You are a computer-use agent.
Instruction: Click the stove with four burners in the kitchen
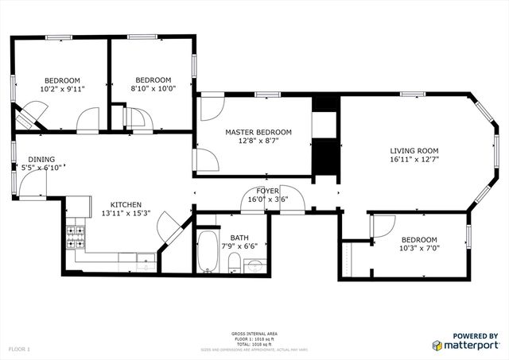[x=76, y=235]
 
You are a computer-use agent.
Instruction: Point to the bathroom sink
[x=254, y=266]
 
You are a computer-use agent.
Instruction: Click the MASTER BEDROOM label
[x=258, y=132]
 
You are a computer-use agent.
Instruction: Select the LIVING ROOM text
[x=414, y=151]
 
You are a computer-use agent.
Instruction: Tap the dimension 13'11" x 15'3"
[x=130, y=214]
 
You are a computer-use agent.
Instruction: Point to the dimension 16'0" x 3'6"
[x=267, y=199]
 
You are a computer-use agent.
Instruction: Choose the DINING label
[x=41, y=159]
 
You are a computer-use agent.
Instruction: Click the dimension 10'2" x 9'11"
[x=61, y=89]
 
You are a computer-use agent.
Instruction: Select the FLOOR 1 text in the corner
[x=19, y=349]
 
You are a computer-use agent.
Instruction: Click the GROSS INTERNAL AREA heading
[x=254, y=333]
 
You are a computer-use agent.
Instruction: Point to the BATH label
[x=239, y=238]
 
